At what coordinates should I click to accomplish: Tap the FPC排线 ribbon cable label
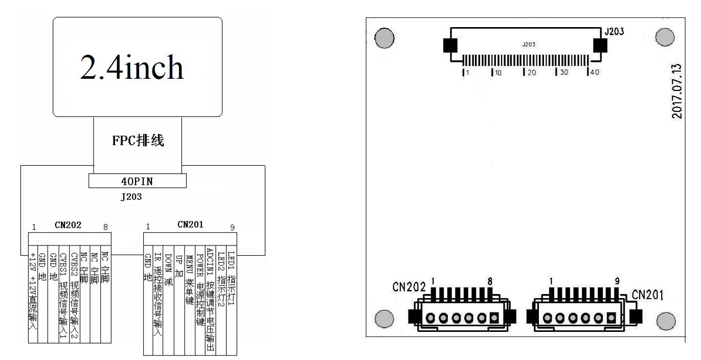[138, 141]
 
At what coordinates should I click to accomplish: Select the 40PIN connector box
[138, 181]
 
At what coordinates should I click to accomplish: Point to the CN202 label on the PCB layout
[409, 287]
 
